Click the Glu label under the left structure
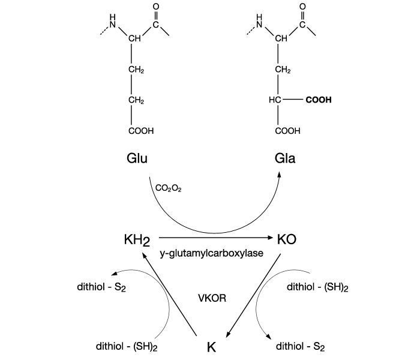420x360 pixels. (137, 159)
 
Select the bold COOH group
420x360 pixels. (318, 101)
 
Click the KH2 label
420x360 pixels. (136, 240)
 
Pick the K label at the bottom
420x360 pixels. (211, 346)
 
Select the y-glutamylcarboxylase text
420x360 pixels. (212, 254)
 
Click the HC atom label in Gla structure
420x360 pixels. (274, 101)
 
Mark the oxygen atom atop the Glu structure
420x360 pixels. (155, 7)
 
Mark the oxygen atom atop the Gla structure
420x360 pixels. (302, 7)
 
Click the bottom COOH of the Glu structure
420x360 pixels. (141, 130)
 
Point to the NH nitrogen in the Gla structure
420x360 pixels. (260, 25)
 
